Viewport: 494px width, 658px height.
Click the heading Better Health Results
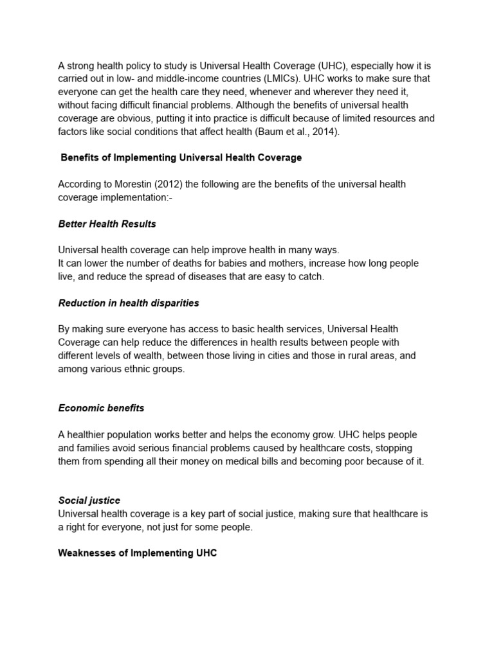(x=107, y=224)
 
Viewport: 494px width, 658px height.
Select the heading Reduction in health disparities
(x=129, y=303)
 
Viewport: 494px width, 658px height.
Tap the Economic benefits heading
(x=101, y=408)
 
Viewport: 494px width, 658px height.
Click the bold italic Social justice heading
(x=89, y=500)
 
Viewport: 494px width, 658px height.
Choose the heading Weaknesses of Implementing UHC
(x=138, y=553)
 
